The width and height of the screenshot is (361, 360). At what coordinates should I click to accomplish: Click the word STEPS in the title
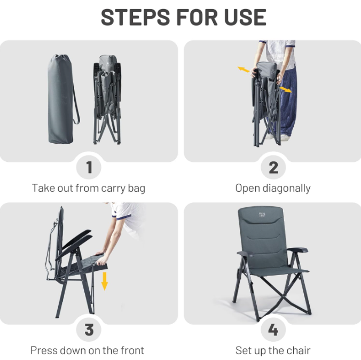pyautogui.click(x=135, y=17)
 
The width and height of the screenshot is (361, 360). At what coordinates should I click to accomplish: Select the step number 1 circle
pyautogui.click(x=89, y=167)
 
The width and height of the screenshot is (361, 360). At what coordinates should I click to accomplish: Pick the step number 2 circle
pyautogui.click(x=273, y=167)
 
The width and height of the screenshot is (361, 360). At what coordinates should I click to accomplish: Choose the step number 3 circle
pyautogui.click(x=89, y=330)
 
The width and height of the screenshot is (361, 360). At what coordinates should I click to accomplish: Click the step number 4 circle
pyautogui.click(x=273, y=330)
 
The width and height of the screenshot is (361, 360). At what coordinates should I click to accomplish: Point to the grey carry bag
pyautogui.click(x=60, y=99)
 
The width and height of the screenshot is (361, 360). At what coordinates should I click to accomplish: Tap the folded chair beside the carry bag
pyautogui.click(x=107, y=99)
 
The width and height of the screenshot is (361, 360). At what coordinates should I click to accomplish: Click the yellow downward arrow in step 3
pyautogui.click(x=105, y=281)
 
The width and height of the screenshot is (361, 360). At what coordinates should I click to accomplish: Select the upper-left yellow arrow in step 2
pyautogui.click(x=244, y=69)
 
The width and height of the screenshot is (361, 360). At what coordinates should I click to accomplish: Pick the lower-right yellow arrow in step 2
pyautogui.click(x=286, y=90)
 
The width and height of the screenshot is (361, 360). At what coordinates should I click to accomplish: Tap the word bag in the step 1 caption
pyautogui.click(x=137, y=189)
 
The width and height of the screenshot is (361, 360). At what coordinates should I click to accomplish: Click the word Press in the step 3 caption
pyautogui.click(x=43, y=350)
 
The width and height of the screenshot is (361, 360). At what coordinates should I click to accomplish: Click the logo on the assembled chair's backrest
pyautogui.click(x=262, y=215)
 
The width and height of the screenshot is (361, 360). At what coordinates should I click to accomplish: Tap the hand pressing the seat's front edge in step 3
pyautogui.click(x=101, y=259)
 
